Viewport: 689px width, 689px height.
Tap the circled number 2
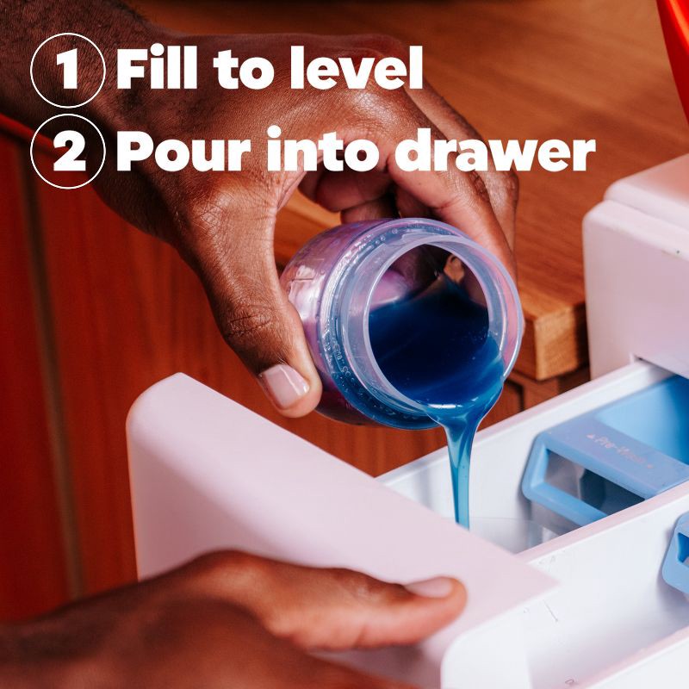[67, 151]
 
